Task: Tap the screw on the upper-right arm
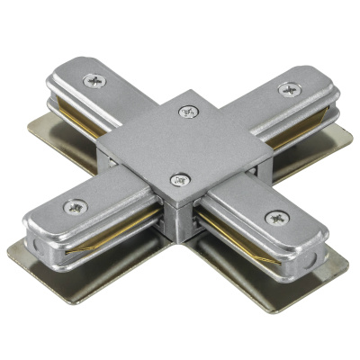[290, 88]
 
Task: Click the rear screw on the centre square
[188, 112]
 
